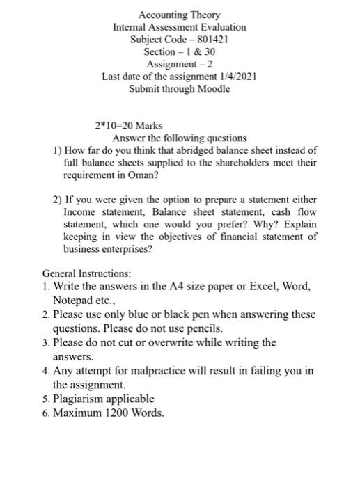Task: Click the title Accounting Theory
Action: tap(180, 15)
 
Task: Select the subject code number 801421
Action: tap(212, 40)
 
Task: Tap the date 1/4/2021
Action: tap(237, 77)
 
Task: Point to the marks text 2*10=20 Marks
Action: tap(129, 126)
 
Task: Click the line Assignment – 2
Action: tap(180, 64)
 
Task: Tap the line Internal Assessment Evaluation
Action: tap(180, 27)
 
